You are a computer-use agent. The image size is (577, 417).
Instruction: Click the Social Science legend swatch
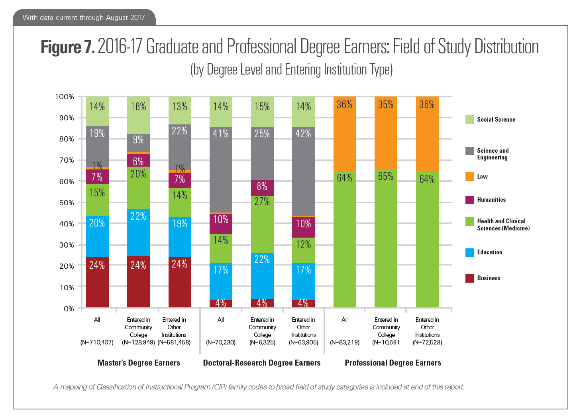(x=469, y=120)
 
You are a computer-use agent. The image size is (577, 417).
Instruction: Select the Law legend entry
(x=482, y=177)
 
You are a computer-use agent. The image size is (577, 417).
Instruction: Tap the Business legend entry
(x=489, y=278)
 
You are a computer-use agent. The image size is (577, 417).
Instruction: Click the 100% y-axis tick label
(x=65, y=97)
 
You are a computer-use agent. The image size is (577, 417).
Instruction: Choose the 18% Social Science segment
(x=138, y=115)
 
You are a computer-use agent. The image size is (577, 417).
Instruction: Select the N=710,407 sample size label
(x=97, y=342)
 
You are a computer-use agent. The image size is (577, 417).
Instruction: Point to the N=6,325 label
(x=262, y=342)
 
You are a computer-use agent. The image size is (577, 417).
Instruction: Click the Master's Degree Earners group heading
(x=139, y=363)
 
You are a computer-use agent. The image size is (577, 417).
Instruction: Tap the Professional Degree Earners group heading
(x=393, y=363)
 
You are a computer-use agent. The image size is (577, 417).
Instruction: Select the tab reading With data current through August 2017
(x=84, y=18)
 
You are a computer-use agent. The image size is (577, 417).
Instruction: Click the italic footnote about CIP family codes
(x=259, y=387)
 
